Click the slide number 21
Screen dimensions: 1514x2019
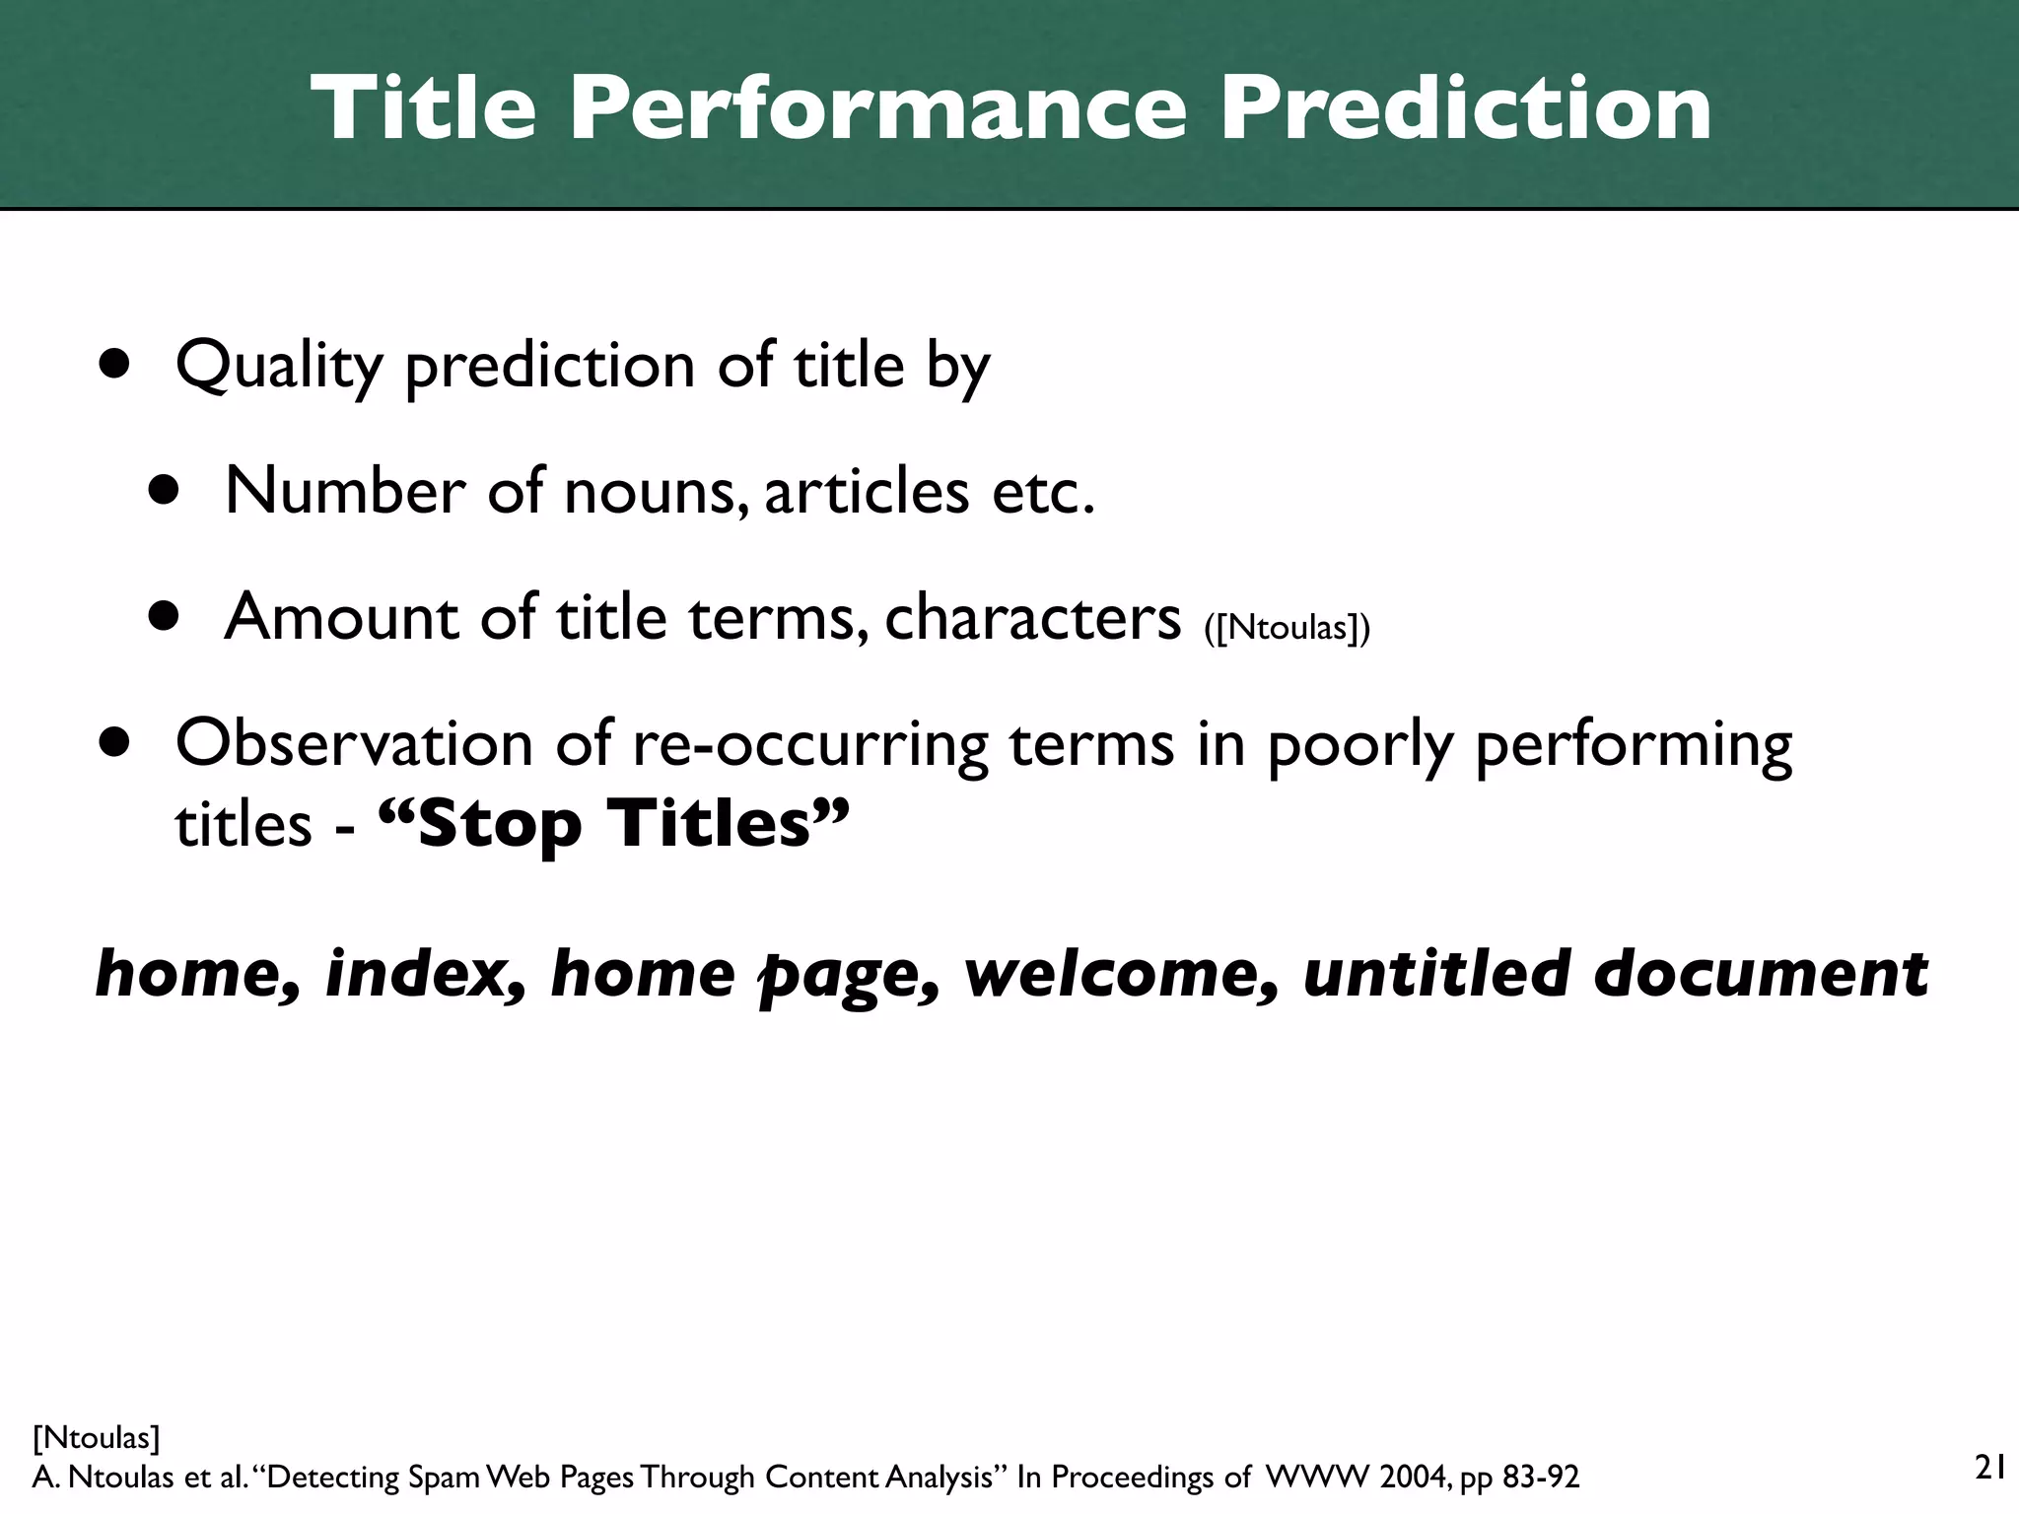(x=1990, y=1468)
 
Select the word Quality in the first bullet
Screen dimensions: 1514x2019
(x=279, y=367)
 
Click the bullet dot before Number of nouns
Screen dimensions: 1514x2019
(x=165, y=490)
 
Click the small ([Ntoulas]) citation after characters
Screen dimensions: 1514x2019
(x=1287, y=627)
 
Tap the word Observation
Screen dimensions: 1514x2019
(x=354, y=743)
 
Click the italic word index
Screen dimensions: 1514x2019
(x=424, y=974)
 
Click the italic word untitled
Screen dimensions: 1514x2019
(x=1435, y=974)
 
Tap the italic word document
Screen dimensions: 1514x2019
(x=1761, y=974)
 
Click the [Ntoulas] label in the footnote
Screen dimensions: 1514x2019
(x=96, y=1438)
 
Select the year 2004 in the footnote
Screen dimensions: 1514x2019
(x=1414, y=1478)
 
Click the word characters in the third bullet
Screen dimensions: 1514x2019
(x=1032, y=618)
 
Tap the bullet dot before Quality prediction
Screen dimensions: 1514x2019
(x=115, y=365)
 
